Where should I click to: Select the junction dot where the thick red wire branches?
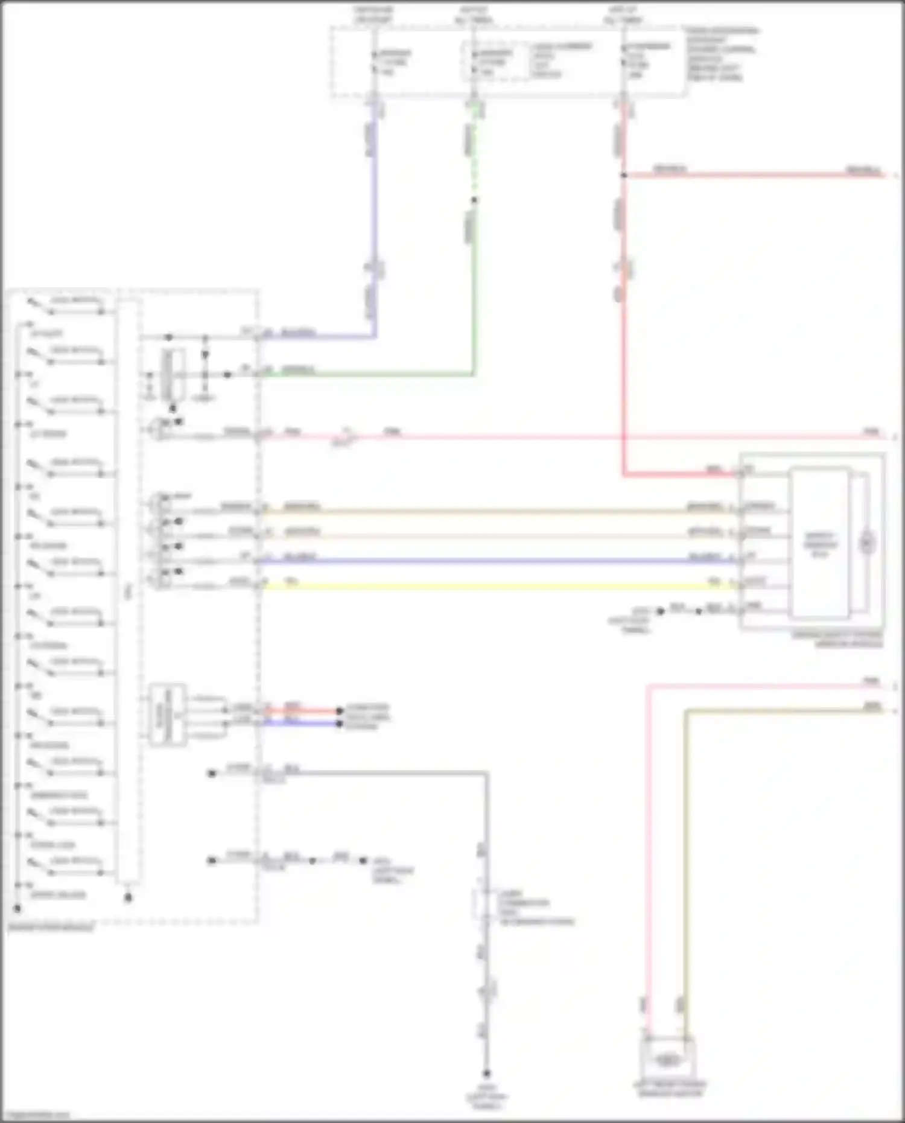(x=624, y=176)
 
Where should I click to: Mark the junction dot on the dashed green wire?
(x=474, y=200)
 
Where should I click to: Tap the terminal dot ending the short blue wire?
(x=340, y=724)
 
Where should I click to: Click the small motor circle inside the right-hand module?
(x=867, y=543)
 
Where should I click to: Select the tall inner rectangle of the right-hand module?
(x=819, y=543)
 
